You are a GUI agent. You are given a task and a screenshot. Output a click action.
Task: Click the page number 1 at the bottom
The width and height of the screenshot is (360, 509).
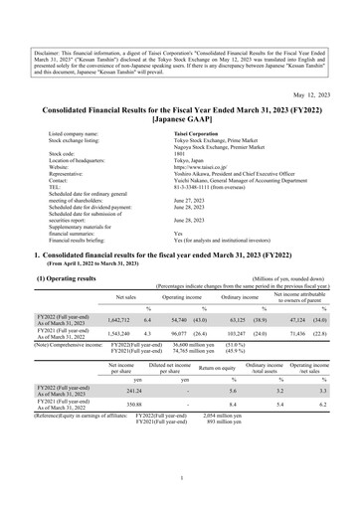coord(180,478)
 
